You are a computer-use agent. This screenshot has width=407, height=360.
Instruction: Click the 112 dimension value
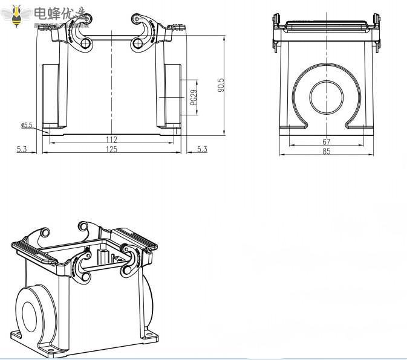[111, 140]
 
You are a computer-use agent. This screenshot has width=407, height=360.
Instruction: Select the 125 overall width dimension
[111, 149]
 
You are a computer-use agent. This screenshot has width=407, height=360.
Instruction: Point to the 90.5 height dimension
[221, 85]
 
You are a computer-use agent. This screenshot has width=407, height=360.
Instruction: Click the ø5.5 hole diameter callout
[27, 126]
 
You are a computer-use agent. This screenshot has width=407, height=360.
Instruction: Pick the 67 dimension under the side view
[326, 141]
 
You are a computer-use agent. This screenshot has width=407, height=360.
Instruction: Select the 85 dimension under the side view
[326, 152]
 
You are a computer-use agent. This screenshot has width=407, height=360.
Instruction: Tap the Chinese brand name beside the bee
[60, 13]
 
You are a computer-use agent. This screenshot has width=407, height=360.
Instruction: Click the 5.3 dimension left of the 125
[22, 149]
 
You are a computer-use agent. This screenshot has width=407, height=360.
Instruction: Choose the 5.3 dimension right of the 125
[202, 149]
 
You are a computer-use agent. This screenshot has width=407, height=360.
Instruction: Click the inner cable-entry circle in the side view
[327, 97]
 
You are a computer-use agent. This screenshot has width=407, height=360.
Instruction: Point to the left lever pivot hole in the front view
[87, 43]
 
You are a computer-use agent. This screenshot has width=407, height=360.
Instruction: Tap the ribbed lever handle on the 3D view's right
[135, 239]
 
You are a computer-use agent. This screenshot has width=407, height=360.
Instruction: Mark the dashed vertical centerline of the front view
[111, 91]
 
